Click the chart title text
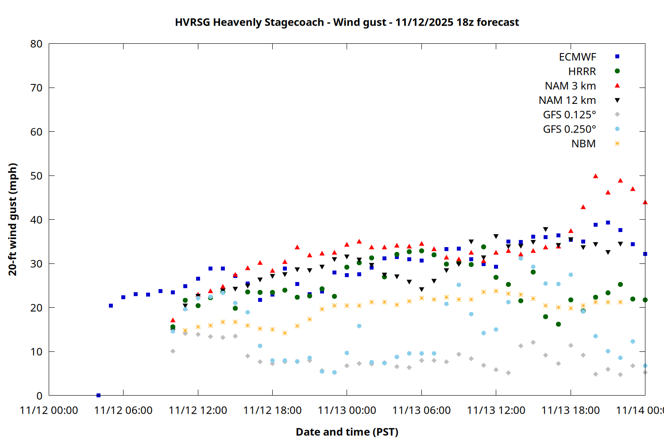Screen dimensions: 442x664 [x=347, y=22]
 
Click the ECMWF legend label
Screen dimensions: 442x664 [x=577, y=57]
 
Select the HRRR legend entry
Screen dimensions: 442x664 [x=582, y=72]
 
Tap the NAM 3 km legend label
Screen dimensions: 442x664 [x=570, y=86]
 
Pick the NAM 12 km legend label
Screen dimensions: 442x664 [x=567, y=100]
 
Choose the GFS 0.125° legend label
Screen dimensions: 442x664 [x=569, y=115]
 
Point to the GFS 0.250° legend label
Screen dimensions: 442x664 [x=569, y=130]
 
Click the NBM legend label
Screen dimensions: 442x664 [x=583, y=144]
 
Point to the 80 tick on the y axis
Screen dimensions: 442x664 [x=36, y=44]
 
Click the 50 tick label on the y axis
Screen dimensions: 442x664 [x=36, y=176]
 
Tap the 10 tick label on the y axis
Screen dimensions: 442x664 [x=36, y=352]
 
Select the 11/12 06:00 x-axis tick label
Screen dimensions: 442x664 [x=123, y=410]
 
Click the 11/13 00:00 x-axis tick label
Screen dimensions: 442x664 [x=347, y=410]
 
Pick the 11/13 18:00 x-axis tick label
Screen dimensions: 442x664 [x=570, y=410]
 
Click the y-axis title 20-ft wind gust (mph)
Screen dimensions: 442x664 [x=13, y=219]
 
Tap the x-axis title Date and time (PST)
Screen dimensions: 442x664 [x=347, y=432]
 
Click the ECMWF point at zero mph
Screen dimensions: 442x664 [x=98, y=395]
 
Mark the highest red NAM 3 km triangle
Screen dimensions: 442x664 [x=595, y=176]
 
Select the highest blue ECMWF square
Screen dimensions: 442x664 [x=608, y=223]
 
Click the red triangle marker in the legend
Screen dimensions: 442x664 [x=617, y=86]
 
